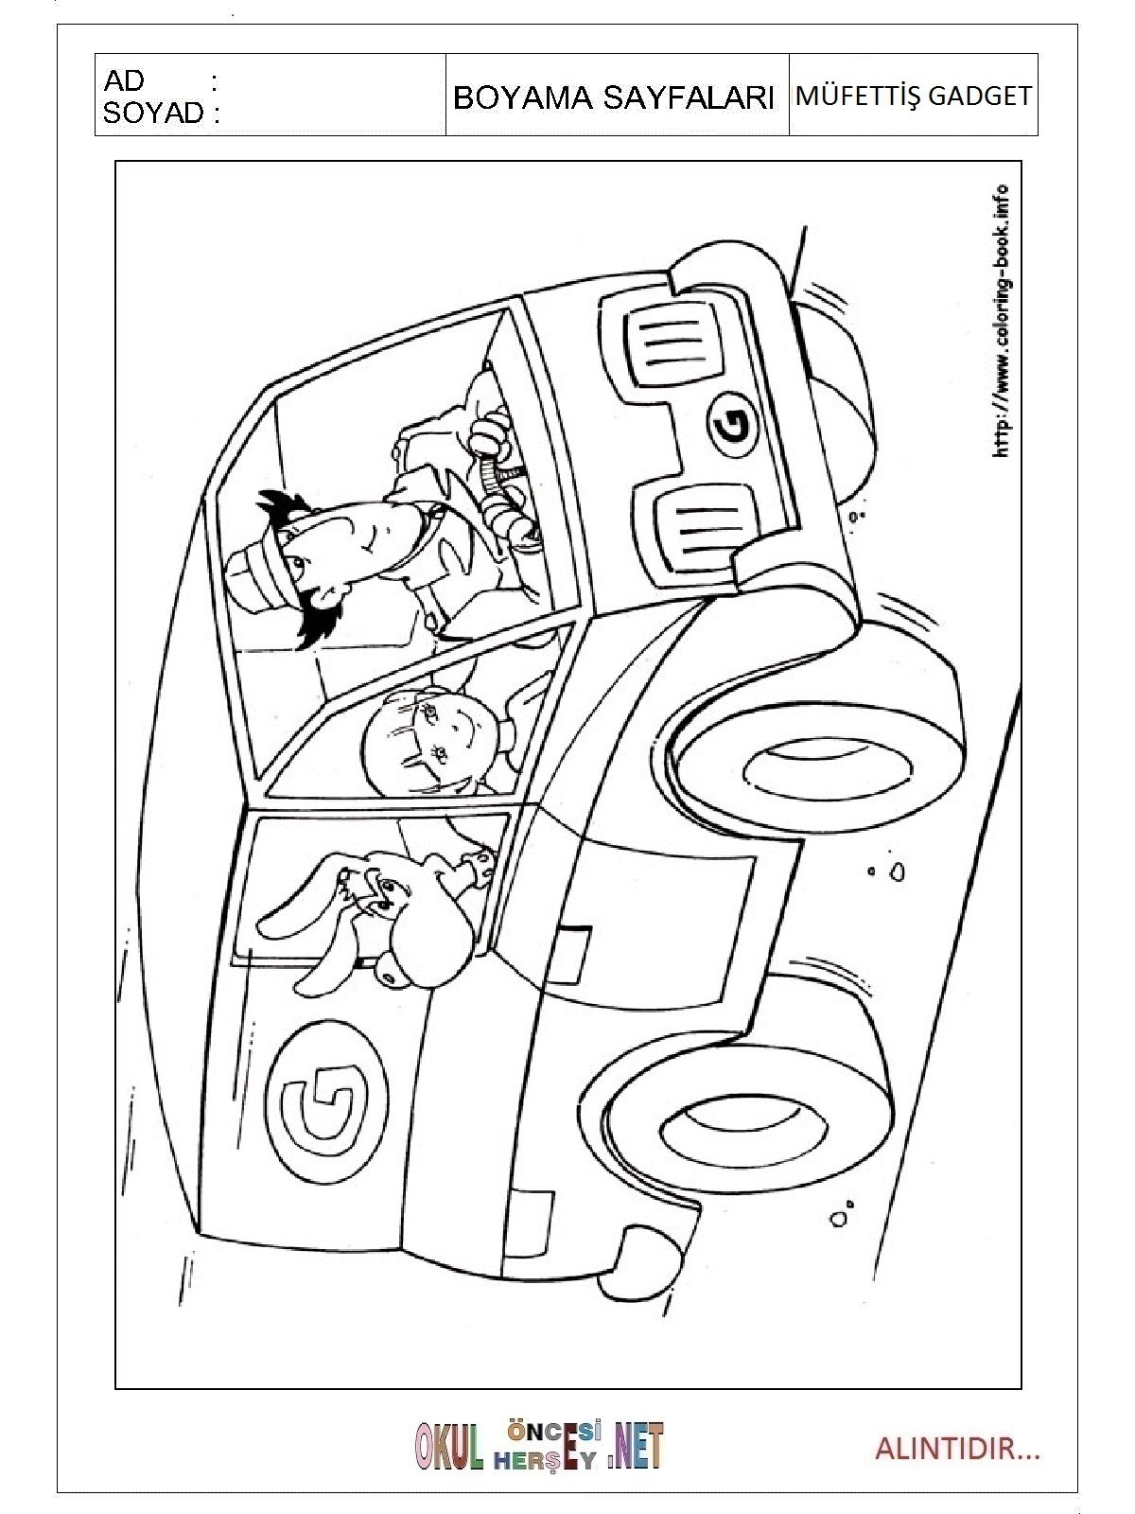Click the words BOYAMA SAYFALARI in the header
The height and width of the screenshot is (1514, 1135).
[x=613, y=98]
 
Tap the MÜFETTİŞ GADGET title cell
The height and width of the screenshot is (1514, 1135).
[x=913, y=96]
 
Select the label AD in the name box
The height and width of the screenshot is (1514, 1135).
[x=124, y=81]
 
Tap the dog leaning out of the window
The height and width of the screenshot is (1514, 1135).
[x=386, y=910]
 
